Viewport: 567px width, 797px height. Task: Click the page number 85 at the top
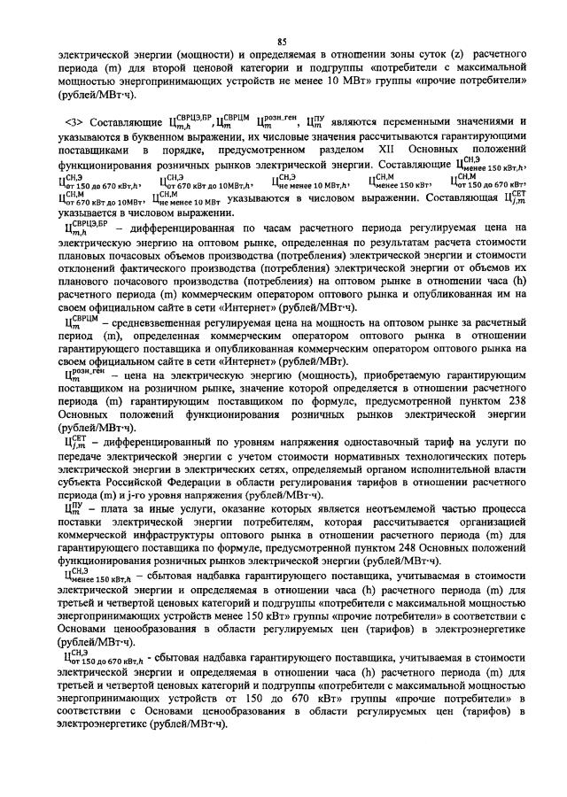[283, 41]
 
